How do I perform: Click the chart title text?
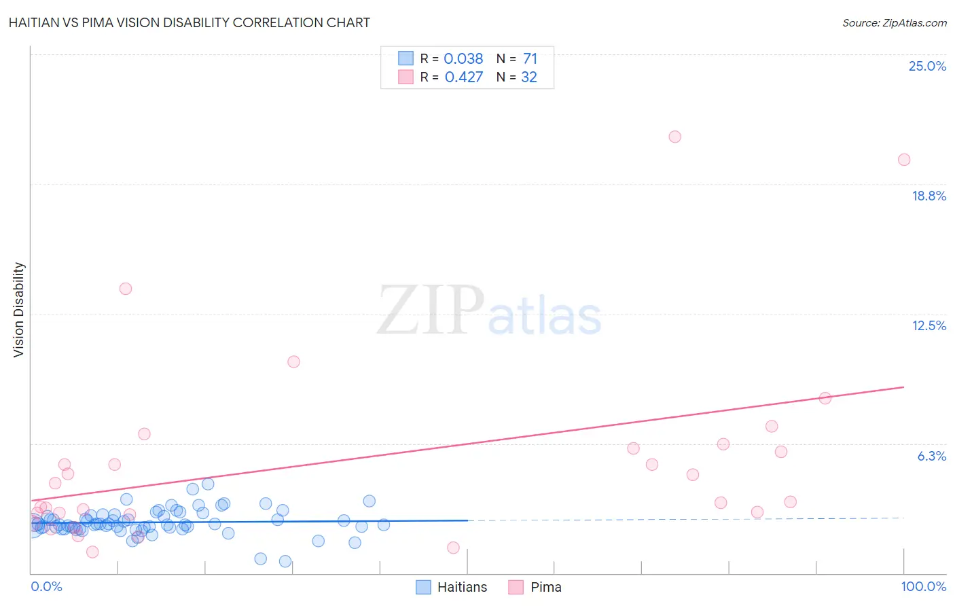click(190, 22)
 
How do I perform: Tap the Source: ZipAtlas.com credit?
click(894, 22)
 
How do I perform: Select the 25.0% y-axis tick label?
click(927, 66)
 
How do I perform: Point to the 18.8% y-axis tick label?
click(929, 196)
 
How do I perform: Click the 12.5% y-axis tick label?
click(929, 325)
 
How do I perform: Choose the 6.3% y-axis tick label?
click(931, 456)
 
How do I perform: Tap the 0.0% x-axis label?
click(46, 586)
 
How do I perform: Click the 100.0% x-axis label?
click(923, 586)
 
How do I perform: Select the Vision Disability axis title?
click(19, 309)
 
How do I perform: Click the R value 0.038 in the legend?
click(463, 58)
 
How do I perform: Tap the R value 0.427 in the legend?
click(463, 77)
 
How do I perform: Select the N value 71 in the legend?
click(530, 58)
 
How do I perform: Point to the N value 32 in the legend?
click(528, 77)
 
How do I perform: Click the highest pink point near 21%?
click(674, 137)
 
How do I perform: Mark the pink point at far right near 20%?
click(903, 160)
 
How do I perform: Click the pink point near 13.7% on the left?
click(126, 289)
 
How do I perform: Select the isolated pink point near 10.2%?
click(293, 361)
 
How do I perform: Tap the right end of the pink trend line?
click(903, 387)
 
